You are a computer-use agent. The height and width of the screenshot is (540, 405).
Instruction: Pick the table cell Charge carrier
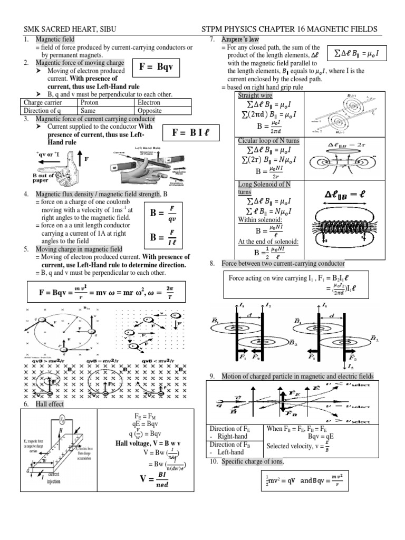point(43,103)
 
